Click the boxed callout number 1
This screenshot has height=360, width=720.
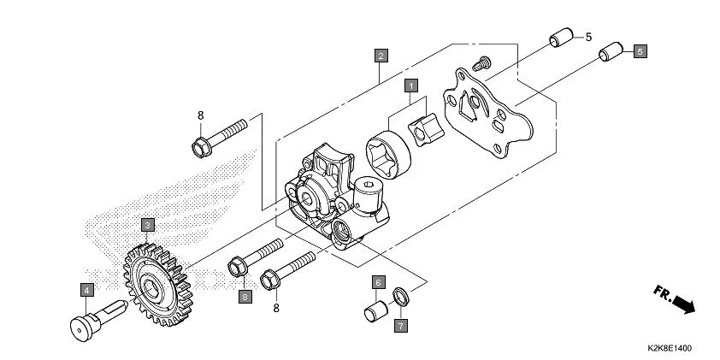coord(411,86)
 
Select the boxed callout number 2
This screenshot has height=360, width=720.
coord(381,56)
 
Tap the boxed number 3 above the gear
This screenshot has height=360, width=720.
coord(148,224)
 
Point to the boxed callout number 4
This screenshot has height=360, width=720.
coord(87,290)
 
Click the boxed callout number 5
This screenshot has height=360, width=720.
coord(639,51)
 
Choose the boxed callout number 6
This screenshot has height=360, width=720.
coord(376,282)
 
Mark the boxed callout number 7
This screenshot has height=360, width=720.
coord(399,325)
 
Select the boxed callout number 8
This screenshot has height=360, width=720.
coord(245,297)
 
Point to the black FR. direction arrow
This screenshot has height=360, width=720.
coord(682,302)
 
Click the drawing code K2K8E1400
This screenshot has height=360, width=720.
coord(670,349)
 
